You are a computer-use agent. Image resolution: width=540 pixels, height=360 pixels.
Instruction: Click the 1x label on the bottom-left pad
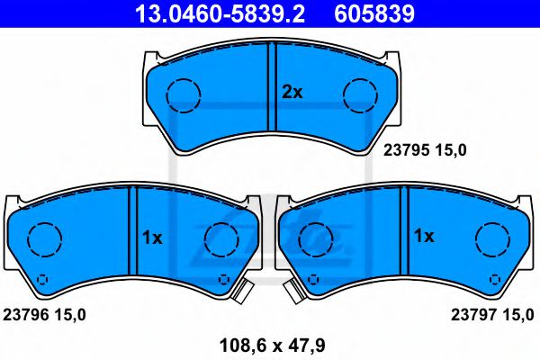151,238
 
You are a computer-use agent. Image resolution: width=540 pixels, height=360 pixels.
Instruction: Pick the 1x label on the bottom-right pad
423,236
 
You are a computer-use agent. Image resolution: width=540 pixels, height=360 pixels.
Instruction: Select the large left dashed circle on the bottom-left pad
43,239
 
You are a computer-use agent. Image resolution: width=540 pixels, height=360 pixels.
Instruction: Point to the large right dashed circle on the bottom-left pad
220,239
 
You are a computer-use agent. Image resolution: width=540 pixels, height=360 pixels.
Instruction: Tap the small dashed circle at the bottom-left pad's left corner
42,277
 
